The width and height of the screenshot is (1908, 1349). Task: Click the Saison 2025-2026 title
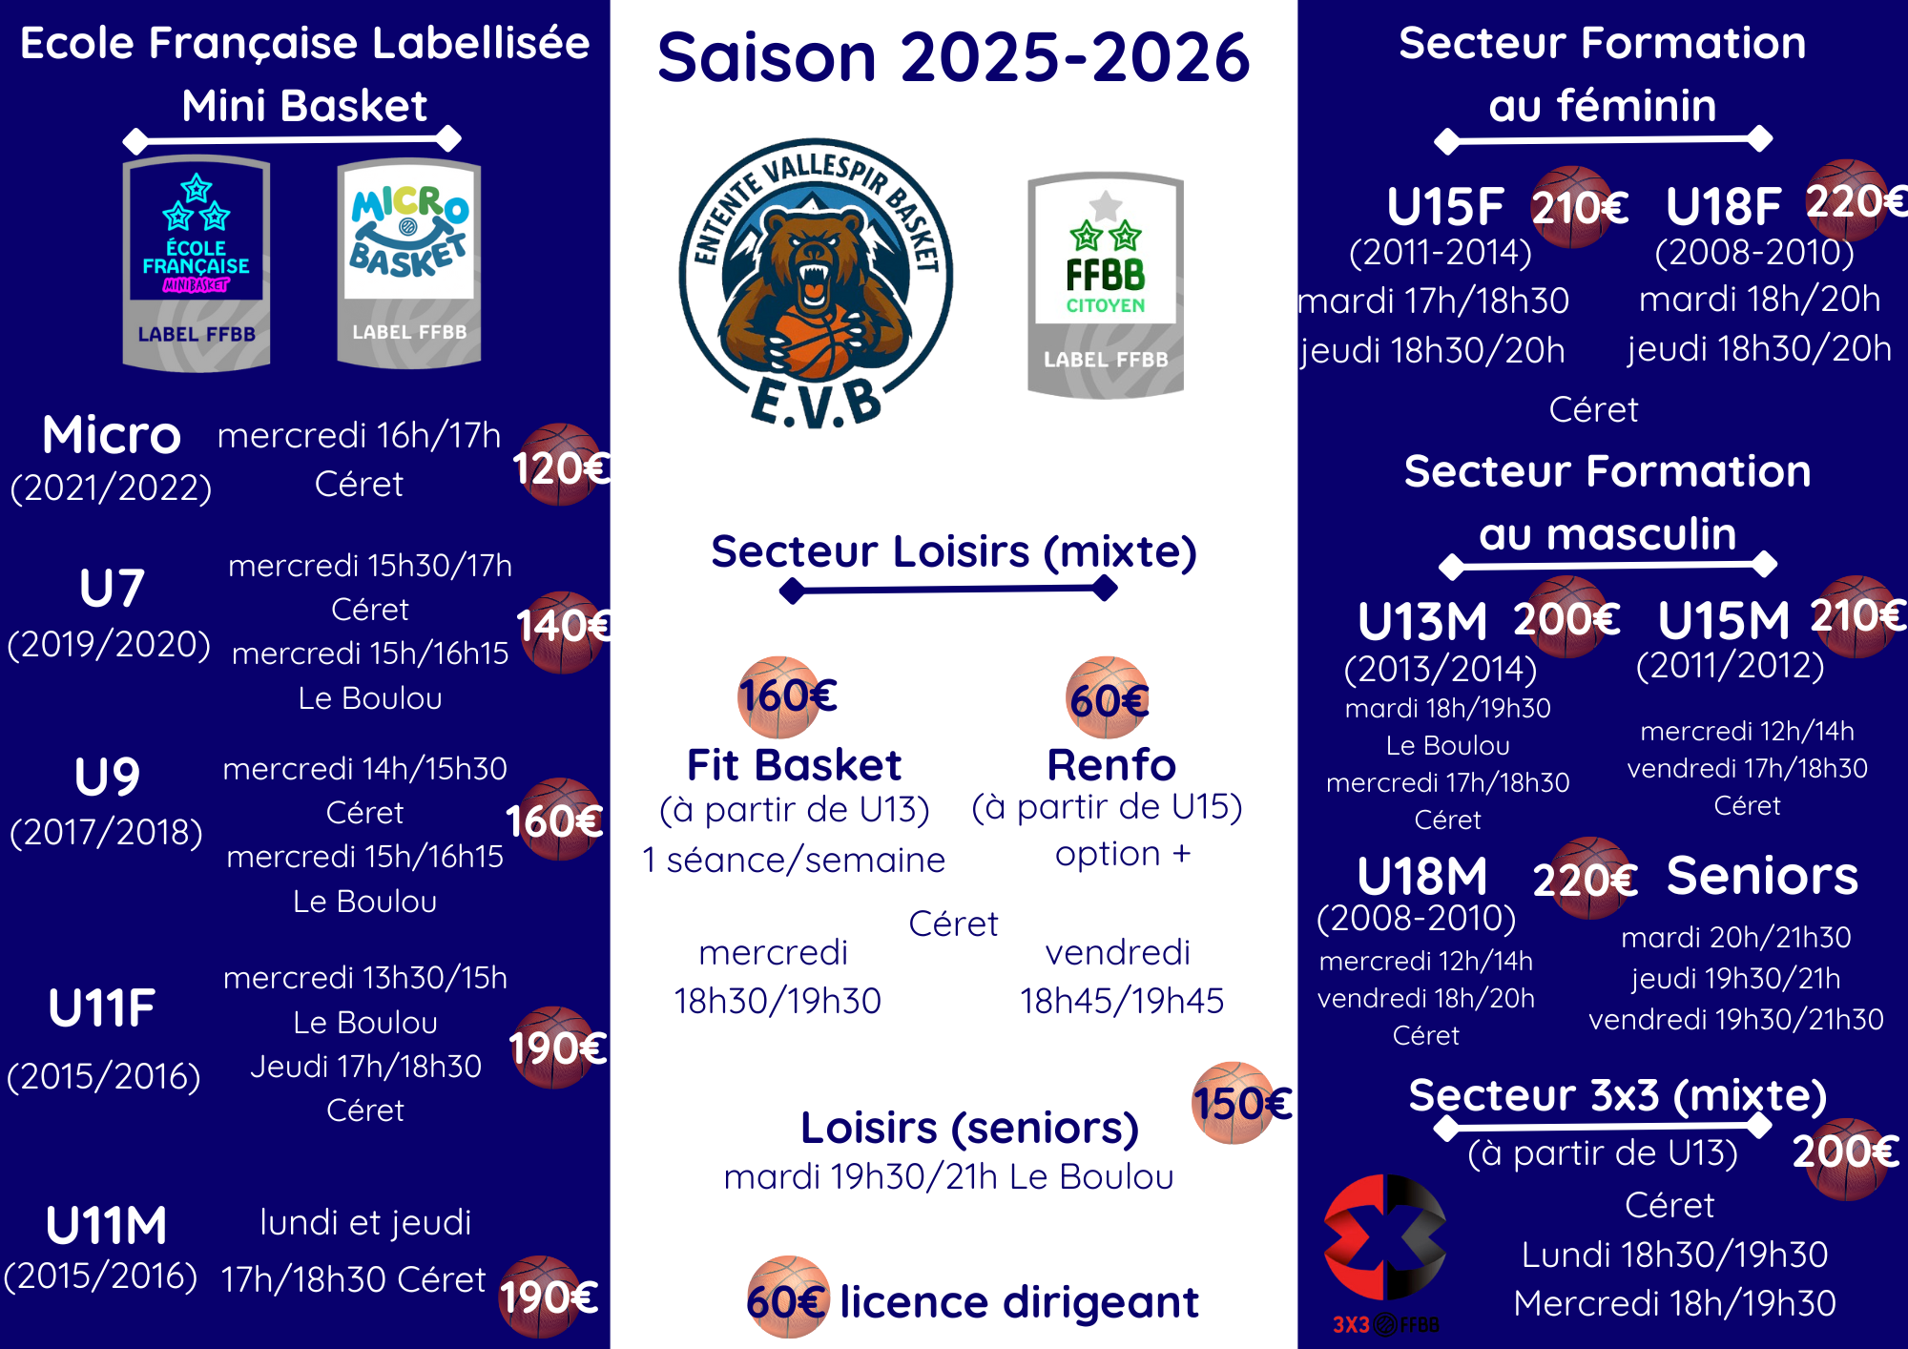[953, 57]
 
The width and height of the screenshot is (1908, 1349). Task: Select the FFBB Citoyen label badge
[1106, 284]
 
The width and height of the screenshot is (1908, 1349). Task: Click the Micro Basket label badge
[409, 263]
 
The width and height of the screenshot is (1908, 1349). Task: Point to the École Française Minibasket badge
[197, 263]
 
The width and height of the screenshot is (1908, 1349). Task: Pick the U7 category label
[112, 588]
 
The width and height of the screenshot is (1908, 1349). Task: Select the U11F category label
[102, 1007]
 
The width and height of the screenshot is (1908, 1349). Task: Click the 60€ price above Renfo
[1109, 698]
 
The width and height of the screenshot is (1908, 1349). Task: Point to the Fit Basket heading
[794, 765]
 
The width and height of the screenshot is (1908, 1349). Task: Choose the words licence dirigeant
[1019, 1301]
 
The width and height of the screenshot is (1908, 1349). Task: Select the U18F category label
[1723, 206]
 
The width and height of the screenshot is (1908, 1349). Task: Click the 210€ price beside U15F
[1579, 207]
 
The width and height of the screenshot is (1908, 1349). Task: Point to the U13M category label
[1422, 622]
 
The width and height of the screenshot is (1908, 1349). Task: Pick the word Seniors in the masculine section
[1762, 876]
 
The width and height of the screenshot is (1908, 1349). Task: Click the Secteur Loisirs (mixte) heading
[954, 551]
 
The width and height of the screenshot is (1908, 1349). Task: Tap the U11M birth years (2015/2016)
[101, 1276]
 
